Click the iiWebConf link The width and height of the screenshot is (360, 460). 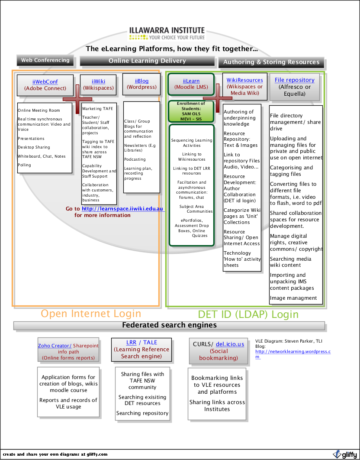tap(45, 81)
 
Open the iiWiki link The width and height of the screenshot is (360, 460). tap(98, 81)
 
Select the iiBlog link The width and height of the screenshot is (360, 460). tap(141, 81)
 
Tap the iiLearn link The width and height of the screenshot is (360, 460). tap(191, 81)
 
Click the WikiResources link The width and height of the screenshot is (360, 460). tap(244, 80)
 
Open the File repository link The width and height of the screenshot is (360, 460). tap(294, 80)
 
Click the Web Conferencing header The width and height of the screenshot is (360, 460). tap(45, 60)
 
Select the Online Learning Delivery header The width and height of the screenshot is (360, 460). tap(147, 61)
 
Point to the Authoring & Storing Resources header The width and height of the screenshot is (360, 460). tap(271, 62)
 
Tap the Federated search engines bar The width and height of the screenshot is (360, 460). tap(169, 325)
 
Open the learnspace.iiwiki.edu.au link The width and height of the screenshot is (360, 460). tap(122, 209)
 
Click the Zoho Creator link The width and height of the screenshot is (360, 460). tap(55, 346)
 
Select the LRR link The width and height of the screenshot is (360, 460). tap(131, 342)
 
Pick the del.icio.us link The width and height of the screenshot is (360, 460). tap(230, 344)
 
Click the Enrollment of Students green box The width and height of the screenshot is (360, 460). tap(191, 111)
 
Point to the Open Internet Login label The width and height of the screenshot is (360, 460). tap(91, 314)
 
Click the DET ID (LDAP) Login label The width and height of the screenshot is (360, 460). tap(248, 314)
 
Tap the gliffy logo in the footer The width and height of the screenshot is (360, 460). tap(345, 454)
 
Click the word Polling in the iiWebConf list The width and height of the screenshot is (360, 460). tap(24, 165)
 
